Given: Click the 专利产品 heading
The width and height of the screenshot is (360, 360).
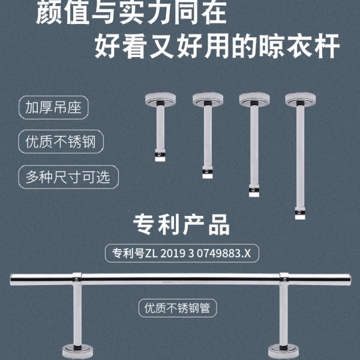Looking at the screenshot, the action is (180, 226).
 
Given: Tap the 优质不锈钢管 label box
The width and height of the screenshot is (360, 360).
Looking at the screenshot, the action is (178, 308).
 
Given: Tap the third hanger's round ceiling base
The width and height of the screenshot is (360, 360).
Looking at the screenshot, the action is (252, 97).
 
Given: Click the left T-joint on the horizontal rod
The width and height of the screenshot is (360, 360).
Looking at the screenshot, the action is (77, 278).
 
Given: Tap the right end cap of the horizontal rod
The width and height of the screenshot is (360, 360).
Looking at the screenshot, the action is (347, 280).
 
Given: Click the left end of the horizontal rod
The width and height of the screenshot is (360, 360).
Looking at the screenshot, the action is (13, 279).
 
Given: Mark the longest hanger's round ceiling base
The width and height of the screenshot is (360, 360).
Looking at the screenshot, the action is (299, 97).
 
